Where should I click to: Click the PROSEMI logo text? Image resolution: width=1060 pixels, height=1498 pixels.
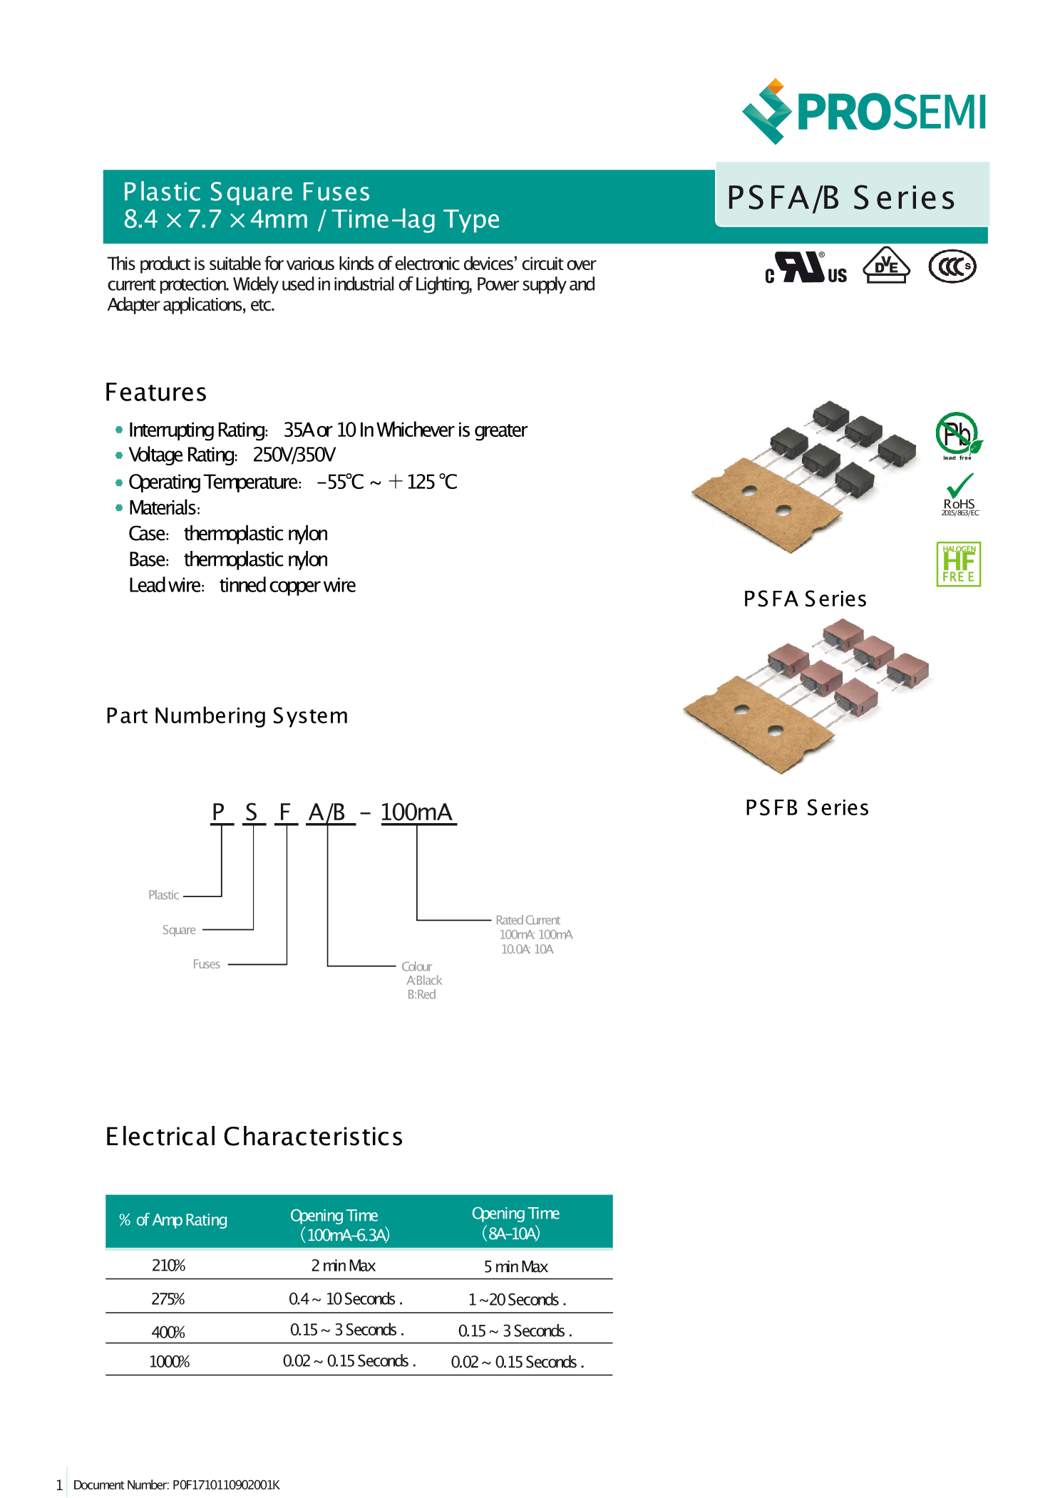pos(890,113)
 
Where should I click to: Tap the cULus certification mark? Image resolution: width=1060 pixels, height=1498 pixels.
pos(805,268)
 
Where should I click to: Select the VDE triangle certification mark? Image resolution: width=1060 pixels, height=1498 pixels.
pos(885,267)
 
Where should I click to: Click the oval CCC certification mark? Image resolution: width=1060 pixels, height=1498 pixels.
pos(952,267)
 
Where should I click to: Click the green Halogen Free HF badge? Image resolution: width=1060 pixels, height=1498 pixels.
pos(958,564)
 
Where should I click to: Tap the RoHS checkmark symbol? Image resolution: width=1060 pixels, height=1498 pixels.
pos(959,487)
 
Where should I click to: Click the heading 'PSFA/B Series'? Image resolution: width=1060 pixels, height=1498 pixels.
pos(840,197)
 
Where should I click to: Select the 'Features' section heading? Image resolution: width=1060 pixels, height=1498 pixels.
pos(155,393)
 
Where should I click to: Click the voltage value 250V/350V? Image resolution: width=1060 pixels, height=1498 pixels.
pos(294,455)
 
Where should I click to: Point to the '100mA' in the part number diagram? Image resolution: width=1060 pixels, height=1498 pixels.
pos(416,812)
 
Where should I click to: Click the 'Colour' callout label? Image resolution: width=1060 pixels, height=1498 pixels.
pos(416,966)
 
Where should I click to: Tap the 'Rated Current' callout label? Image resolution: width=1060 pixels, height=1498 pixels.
pos(528,920)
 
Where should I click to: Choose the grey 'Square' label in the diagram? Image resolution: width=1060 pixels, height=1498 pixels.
pos(179,930)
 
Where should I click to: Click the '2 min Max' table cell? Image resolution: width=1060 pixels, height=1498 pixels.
pos(343,1266)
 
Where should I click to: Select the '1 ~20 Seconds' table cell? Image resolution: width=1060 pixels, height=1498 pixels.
pos(516,1299)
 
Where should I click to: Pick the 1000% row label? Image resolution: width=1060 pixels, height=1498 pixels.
pos(169,1362)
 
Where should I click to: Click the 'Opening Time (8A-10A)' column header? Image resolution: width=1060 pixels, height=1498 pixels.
pos(515,1222)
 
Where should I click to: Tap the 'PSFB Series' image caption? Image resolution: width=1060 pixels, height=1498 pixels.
pos(806,807)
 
